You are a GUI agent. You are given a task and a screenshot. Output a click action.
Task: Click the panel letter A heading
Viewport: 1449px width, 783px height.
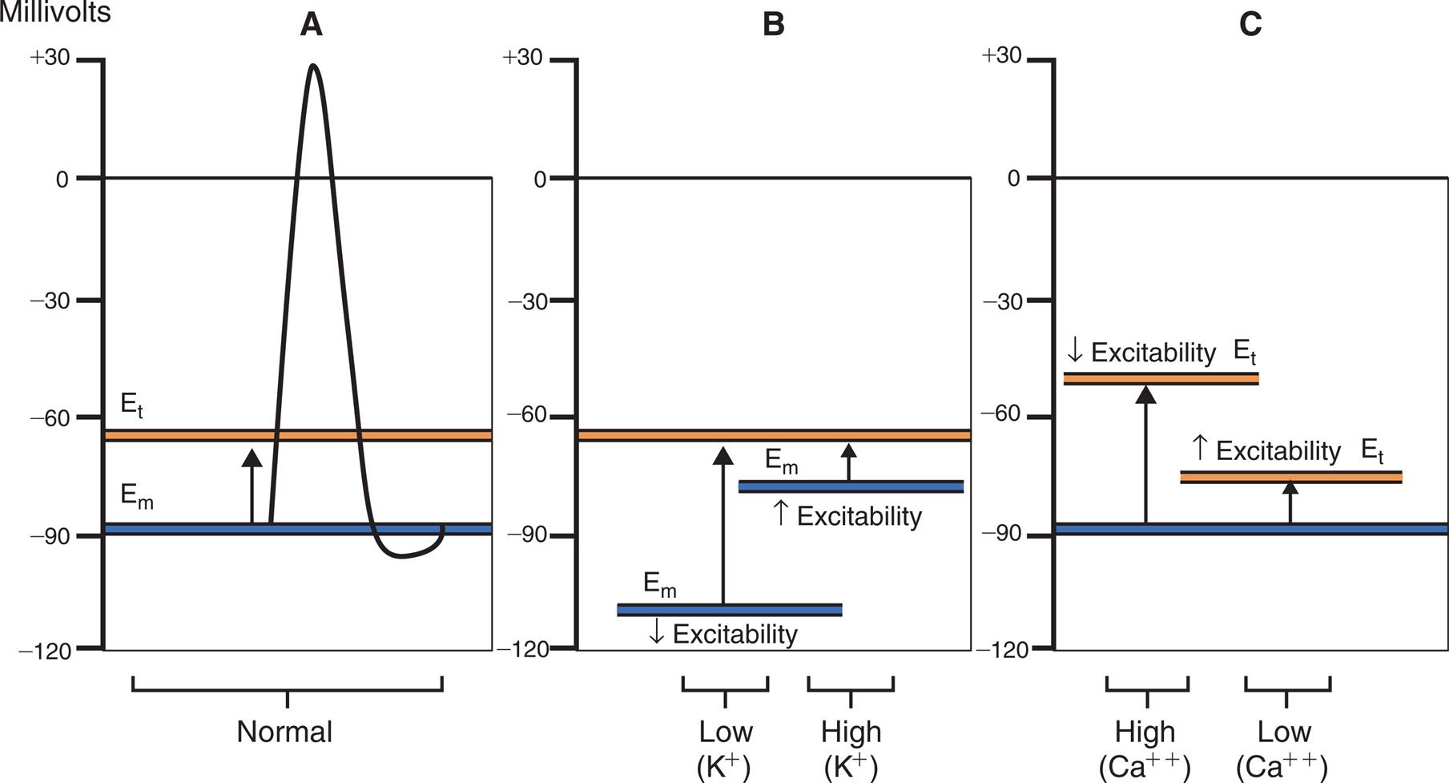pyautogui.click(x=311, y=25)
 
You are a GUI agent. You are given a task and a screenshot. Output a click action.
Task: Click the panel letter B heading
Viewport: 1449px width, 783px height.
pyautogui.click(x=773, y=25)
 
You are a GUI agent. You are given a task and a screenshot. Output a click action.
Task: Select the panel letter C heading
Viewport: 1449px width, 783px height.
pyautogui.click(x=1250, y=25)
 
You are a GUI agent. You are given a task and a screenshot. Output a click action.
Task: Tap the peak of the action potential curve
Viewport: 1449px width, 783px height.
pyautogui.click(x=313, y=66)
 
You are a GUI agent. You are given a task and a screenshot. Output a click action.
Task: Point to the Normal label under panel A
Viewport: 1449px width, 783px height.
pyautogui.click(x=284, y=732)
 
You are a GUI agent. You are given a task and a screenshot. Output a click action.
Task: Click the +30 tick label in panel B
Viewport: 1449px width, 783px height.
pyautogui.click(x=522, y=58)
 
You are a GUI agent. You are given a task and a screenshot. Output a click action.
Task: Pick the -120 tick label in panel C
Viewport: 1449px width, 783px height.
pyautogui.click(x=1001, y=649)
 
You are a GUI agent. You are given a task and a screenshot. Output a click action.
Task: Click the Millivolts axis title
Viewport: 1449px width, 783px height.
pyautogui.click(x=54, y=12)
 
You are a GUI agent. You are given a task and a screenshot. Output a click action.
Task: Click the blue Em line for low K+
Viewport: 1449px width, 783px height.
pyautogui.click(x=729, y=610)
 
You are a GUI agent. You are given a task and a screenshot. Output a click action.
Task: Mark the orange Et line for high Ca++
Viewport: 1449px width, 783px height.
pyautogui.click(x=1161, y=378)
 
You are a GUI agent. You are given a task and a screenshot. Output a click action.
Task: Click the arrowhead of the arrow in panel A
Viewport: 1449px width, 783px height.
pyautogui.click(x=252, y=458)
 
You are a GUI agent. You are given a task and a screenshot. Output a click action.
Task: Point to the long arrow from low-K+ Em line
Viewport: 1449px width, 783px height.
pyautogui.click(x=723, y=529)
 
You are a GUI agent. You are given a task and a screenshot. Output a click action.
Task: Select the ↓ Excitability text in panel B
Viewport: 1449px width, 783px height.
pyautogui.click(x=723, y=634)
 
